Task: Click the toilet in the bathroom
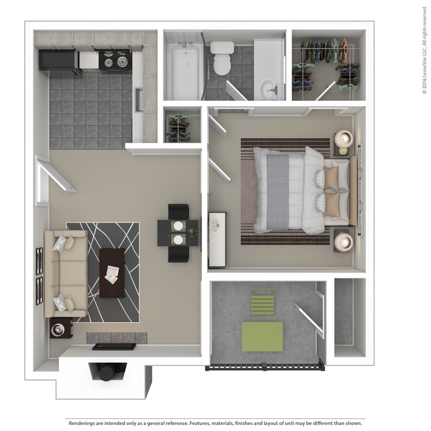click(x=222, y=58)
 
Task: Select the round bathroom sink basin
click(x=270, y=88)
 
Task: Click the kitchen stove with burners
click(x=115, y=61)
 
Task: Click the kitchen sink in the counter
click(x=139, y=99)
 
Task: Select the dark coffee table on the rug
click(x=112, y=273)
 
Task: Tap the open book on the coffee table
click(x=111, y=275)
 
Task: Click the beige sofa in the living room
click(x=66, y=274)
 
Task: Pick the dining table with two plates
click(x=178, y=233)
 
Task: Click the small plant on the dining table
click(x=194, y=233)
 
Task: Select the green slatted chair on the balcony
click(x=263, y=302)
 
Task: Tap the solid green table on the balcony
click(x=262, y=337)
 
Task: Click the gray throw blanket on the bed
click(x=278, y=192)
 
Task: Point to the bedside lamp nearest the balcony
click(x=343, y=241)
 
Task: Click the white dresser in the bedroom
click(x=217, y=239)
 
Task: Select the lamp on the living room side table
click(x=58, y=330)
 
